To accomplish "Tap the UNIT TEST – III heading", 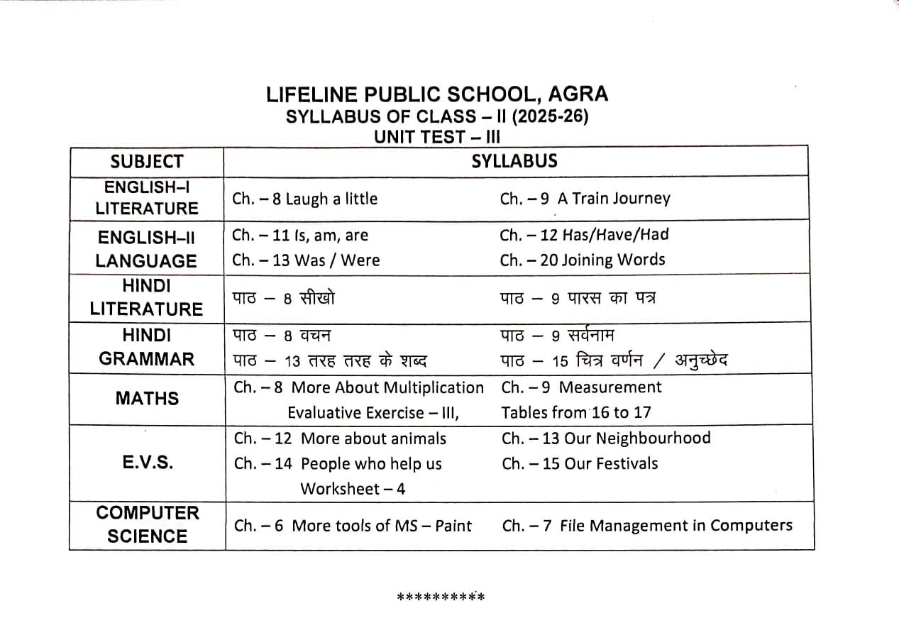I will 437,137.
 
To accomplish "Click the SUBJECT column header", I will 147,162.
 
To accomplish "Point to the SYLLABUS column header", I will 514,161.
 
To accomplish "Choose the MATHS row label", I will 147,399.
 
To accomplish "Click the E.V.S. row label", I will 147,463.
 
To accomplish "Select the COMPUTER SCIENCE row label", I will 147,524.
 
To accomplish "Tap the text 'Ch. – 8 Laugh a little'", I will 304,199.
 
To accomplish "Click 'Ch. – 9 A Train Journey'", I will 585,199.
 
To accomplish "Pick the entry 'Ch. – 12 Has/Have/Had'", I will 584,235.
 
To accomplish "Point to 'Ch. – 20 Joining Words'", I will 582,260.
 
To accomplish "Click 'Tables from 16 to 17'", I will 575,412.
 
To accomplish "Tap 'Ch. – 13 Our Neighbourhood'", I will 605,438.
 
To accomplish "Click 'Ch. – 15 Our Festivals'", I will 579,463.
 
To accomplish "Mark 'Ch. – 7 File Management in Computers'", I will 647,526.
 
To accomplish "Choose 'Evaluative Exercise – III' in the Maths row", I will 373,413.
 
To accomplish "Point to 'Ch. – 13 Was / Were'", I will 305,260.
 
